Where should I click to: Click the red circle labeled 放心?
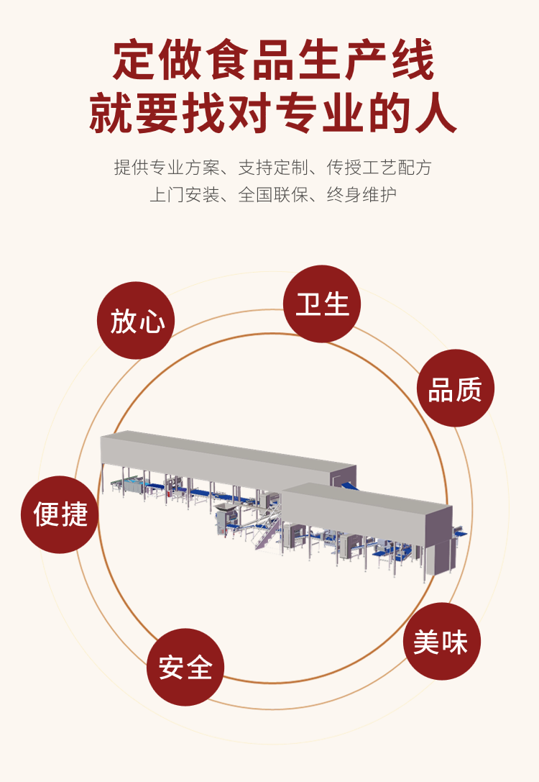click(136, 320)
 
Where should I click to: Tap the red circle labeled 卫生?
click(322, 304)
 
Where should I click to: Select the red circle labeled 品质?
click(456, 388)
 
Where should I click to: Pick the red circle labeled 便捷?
click(60, 514)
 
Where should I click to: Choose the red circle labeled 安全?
click(185, 667)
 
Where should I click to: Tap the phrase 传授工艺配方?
click(379, 168)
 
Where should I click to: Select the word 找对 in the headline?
click(223, 114)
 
